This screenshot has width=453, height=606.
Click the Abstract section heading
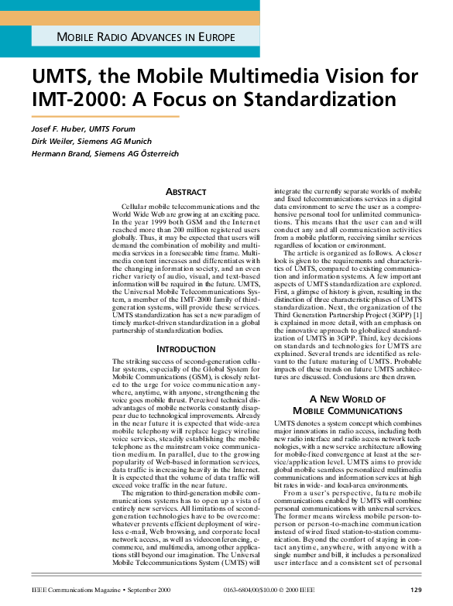pos(186,192)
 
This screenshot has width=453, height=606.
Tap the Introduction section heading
pos(186,349)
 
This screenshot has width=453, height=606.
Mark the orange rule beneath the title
pos(105,117)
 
